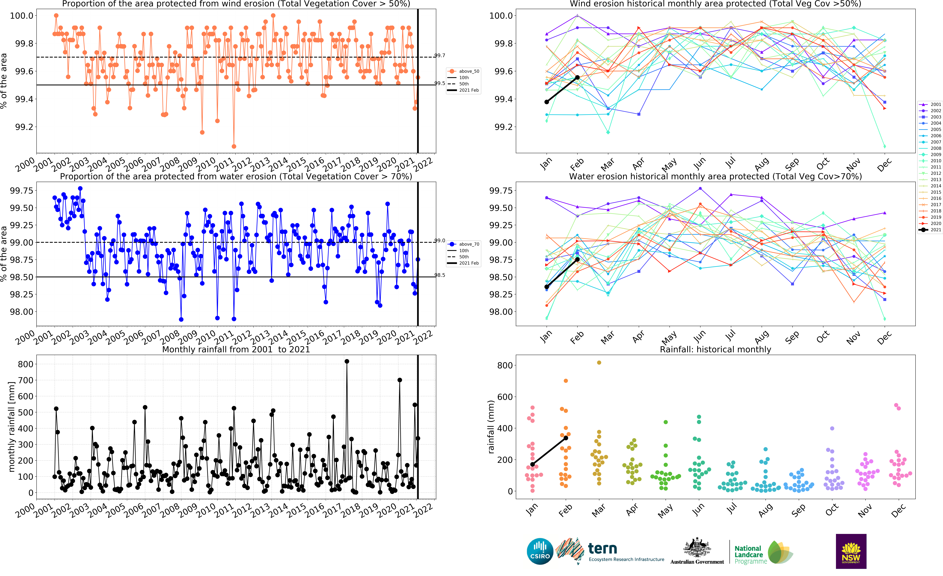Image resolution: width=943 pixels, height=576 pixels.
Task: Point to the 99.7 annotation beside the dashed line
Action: [440, 55]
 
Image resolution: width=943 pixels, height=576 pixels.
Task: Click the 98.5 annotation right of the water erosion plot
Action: [440, 275]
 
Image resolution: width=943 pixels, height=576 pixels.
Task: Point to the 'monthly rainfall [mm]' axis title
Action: [11, 426]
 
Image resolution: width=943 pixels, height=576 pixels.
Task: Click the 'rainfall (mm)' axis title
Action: [491, 426]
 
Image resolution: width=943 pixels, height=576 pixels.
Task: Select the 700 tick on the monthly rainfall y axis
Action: [26, 380]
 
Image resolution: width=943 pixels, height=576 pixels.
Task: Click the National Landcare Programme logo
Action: [763, 553]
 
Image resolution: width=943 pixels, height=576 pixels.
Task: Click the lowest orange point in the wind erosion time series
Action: [234, 146]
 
